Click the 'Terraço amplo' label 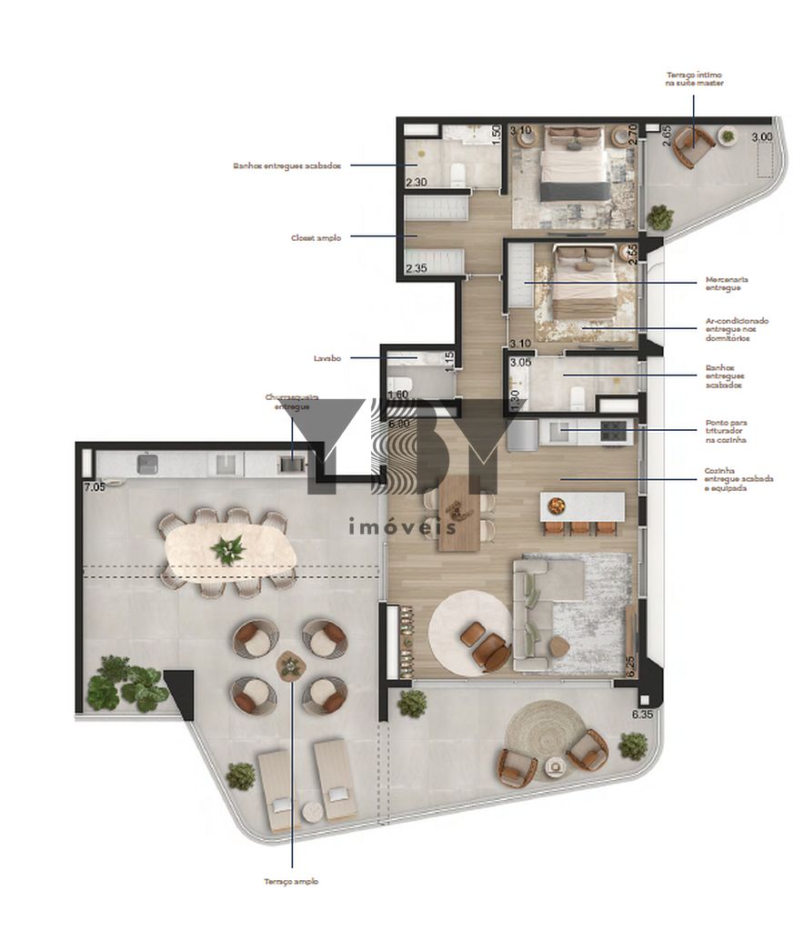[291, 881]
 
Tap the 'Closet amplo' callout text [317, 237]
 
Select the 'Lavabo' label [327, 358]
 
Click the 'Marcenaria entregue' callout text [724, 283]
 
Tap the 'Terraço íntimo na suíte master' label [694, 78]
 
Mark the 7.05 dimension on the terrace [95, 486]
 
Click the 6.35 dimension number [645, 715]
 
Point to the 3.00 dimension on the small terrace [760, 136]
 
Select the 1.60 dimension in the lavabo [397, 395]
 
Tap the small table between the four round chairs [291, 666]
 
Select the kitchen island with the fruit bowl [582, 506]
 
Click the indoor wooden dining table [459, 514]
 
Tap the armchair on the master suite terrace [696, 145]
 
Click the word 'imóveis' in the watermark [401, 526]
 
